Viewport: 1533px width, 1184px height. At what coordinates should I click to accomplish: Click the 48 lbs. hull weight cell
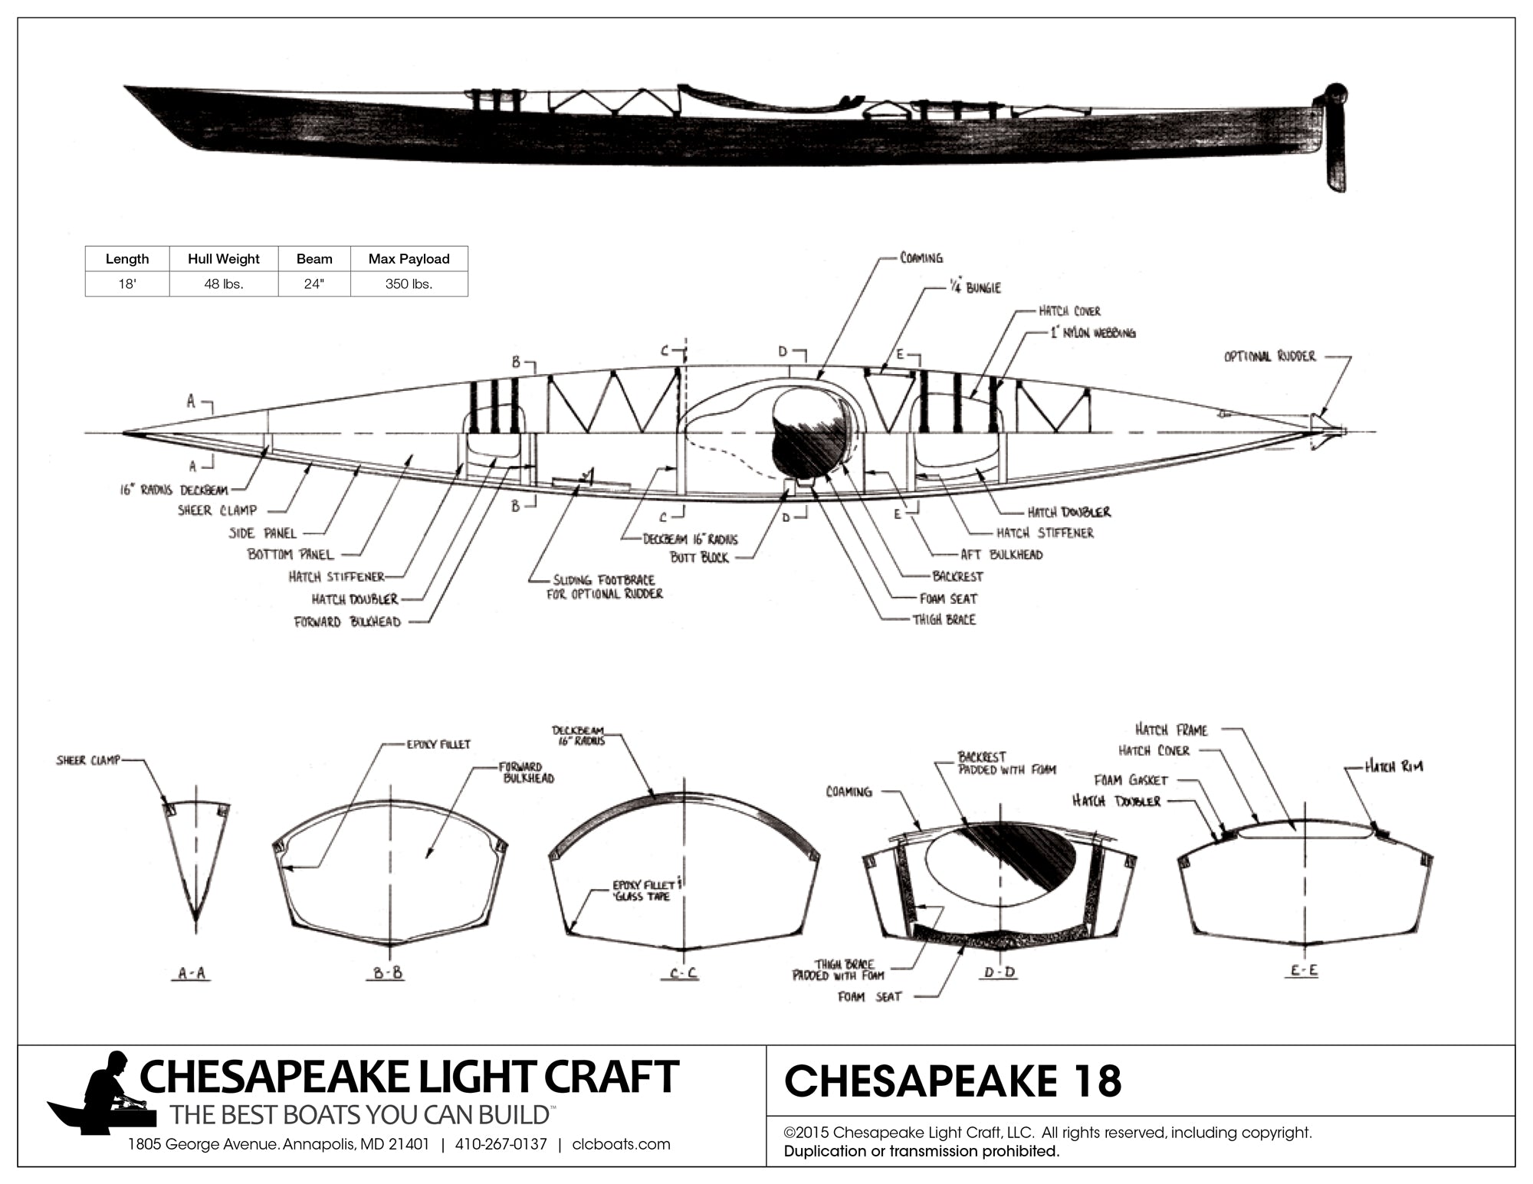click(223, 284)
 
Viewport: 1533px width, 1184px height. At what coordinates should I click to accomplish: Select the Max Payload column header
click(409, 259)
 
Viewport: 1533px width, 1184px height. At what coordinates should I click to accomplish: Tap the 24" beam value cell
click(313, 284)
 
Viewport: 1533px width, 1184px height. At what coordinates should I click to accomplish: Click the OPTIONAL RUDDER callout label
click(1269, 356)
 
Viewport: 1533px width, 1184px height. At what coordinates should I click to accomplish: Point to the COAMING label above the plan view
click(921, 258)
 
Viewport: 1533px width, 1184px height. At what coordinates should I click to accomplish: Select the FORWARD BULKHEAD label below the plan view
click(347, 622)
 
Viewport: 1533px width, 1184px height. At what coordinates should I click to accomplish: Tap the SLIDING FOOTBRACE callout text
click(605, 587)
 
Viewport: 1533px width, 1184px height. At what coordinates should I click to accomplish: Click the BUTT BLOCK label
click(699, 558)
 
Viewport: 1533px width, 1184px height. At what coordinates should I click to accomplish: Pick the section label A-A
click(192, 973)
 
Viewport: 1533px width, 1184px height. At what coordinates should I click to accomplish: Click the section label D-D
click(1000, 972)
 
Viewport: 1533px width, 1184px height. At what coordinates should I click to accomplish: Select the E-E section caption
click(1303, 971)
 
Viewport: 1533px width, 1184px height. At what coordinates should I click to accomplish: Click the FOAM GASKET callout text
click(1131, 780)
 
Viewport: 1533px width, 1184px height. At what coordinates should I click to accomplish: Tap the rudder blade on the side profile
click(1335, 157)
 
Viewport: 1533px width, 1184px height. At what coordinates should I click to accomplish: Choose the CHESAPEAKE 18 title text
click(953, 1081)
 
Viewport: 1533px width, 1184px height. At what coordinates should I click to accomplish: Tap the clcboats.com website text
click(621, 1145)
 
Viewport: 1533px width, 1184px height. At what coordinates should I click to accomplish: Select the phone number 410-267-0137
click(501, 1145)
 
